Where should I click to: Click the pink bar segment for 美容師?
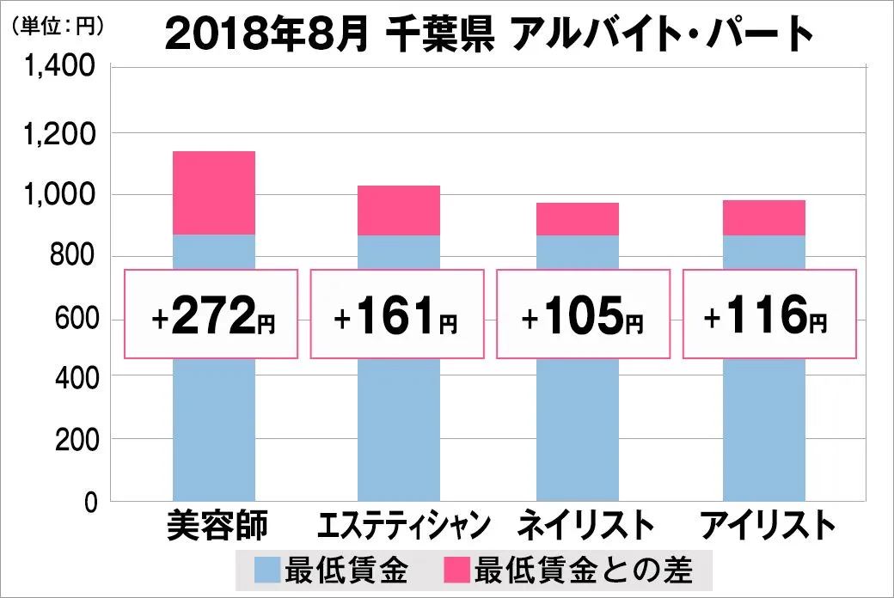pyautogui.click(x=214, y=192)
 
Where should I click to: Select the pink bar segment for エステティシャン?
pyautogui.click(x=399, y=211)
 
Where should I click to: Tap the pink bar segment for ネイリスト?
pyautogui.click(x=578, y=219)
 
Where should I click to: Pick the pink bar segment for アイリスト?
pyautogui.click(x=764, y=217)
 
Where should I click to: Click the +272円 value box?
pyautogui.click(x=211, y=314)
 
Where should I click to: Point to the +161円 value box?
pyautogui.click(x=396, y=314)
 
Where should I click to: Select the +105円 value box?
pyautogui.click(x=582, y=314)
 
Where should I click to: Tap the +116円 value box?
pyautogui.click(x=769, y=314)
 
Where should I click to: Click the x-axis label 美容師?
pyautogui.click(x=217, y=525)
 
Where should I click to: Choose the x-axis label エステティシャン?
pyautogui.click(x=403, y=525)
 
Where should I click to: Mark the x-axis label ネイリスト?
pyautogui.click(x=579, y=525)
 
